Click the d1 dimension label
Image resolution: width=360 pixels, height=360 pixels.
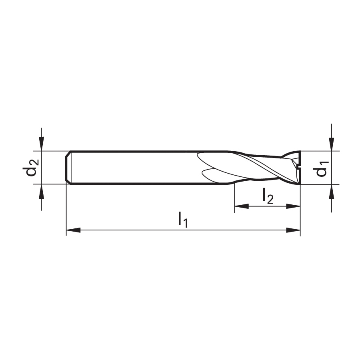tap(321, 169)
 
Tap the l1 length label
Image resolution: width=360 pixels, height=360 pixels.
tap(183, 220)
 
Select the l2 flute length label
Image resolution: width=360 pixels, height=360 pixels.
tap(268, 196)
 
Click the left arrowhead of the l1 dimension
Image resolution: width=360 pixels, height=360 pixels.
tap(73, 230)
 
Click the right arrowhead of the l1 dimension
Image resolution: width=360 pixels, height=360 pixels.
tap(293, 230)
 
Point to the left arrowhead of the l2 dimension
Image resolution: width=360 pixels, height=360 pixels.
tap(242, 206)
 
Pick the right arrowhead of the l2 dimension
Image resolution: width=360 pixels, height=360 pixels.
tap(293, 206)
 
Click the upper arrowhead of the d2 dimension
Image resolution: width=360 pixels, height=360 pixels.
tap(41, 144)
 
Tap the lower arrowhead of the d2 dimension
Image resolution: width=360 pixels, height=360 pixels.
tap(41, 191)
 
